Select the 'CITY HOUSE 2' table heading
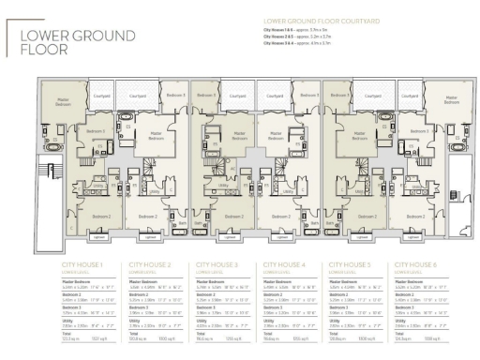pyautogui.click(x=150, y=266)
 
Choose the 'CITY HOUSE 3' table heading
pyautogui.click(x=217, y=266)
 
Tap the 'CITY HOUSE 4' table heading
pyautogui.click(x=286, y=266)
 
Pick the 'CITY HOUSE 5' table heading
pyautogui.click(x=353, y=266)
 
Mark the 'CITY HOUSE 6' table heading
pyautogui.click(x=421, y=266)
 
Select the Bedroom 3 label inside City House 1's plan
pyautogui.click(x=95, y=132)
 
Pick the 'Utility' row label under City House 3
pyautogui.click(x=203, y=318)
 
